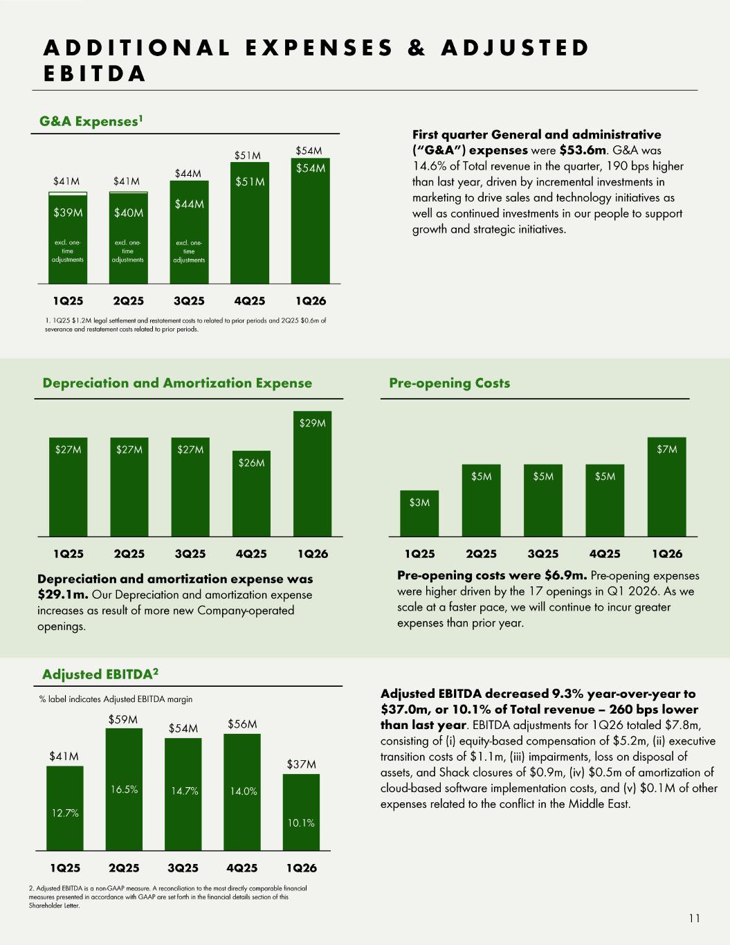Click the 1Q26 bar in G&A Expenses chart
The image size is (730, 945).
tap(310, 221)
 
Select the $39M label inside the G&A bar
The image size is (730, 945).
tap(68, 213)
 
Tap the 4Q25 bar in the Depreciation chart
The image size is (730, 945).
tap(251, 494)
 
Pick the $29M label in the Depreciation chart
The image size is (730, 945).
tap(313, 423)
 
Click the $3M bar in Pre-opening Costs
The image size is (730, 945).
tap(419, 514)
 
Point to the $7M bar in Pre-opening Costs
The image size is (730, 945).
tap(666, 487)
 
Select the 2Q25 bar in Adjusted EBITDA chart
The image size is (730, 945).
tap(124, 789)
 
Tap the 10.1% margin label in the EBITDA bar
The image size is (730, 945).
tap(301, 822)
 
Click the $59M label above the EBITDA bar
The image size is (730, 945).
tap(123, 720)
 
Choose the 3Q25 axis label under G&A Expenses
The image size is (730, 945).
tap(189, 301)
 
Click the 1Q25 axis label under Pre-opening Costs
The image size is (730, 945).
tap(420, 554)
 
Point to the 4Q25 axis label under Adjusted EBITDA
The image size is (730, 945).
tap(242, 868)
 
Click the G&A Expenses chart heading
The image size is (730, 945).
tap(91, 120)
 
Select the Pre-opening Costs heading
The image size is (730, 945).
tap(450, 383)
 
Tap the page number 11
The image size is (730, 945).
tap(695, 919)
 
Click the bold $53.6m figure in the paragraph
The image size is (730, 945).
tap(583, 150)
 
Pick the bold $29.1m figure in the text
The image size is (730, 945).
tap(63, 594)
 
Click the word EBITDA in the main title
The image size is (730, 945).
tap(94, 74)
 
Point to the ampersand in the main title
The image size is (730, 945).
tap(417, 48)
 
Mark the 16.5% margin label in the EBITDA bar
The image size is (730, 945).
tap(125, 789)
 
